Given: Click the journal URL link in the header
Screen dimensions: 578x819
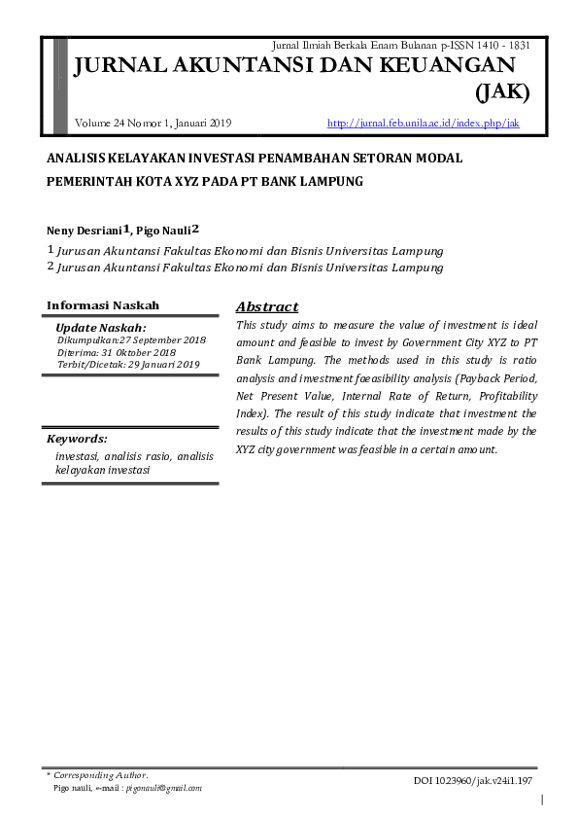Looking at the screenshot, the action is [424, 124].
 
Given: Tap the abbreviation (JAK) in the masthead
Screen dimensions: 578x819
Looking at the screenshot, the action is [501, 93].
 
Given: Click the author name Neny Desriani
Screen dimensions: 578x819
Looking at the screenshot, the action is [84, 231].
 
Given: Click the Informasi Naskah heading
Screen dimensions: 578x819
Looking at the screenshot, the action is [103, 305].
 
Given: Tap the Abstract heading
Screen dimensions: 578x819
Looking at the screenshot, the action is [267, 306].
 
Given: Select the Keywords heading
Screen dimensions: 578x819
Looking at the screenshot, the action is [77, 438].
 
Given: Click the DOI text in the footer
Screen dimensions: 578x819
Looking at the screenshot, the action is [473, 780].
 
